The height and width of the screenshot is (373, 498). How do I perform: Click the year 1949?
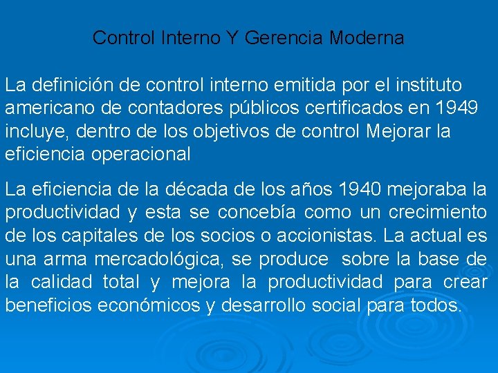[x=457, y=108]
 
